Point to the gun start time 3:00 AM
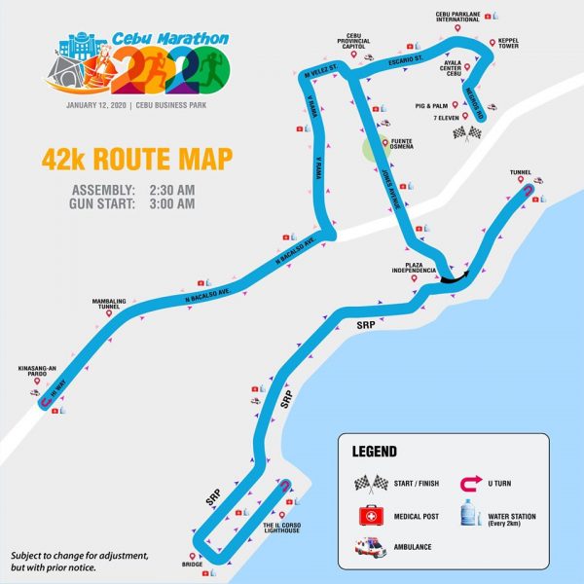172,203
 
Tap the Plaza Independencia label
418,267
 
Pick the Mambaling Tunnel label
109,304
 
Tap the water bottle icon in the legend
473,515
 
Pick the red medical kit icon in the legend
368,516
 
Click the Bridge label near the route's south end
191,564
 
